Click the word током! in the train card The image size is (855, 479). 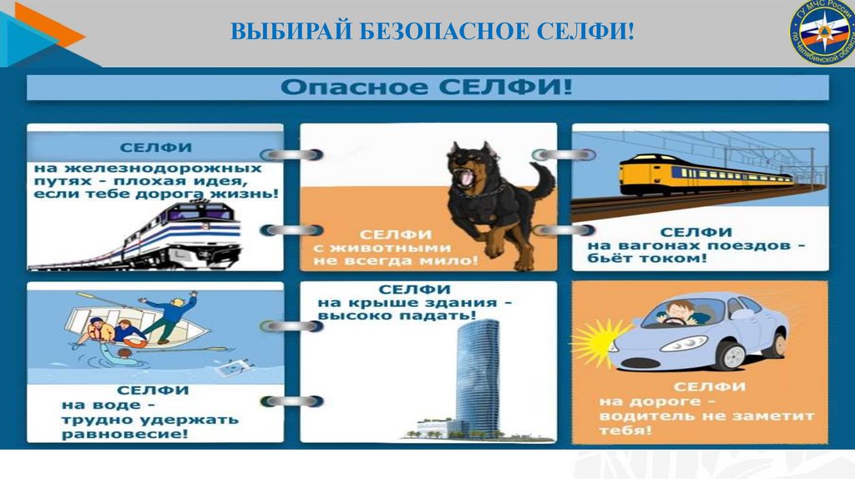pos(676,260)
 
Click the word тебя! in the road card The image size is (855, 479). pos(625,431)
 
